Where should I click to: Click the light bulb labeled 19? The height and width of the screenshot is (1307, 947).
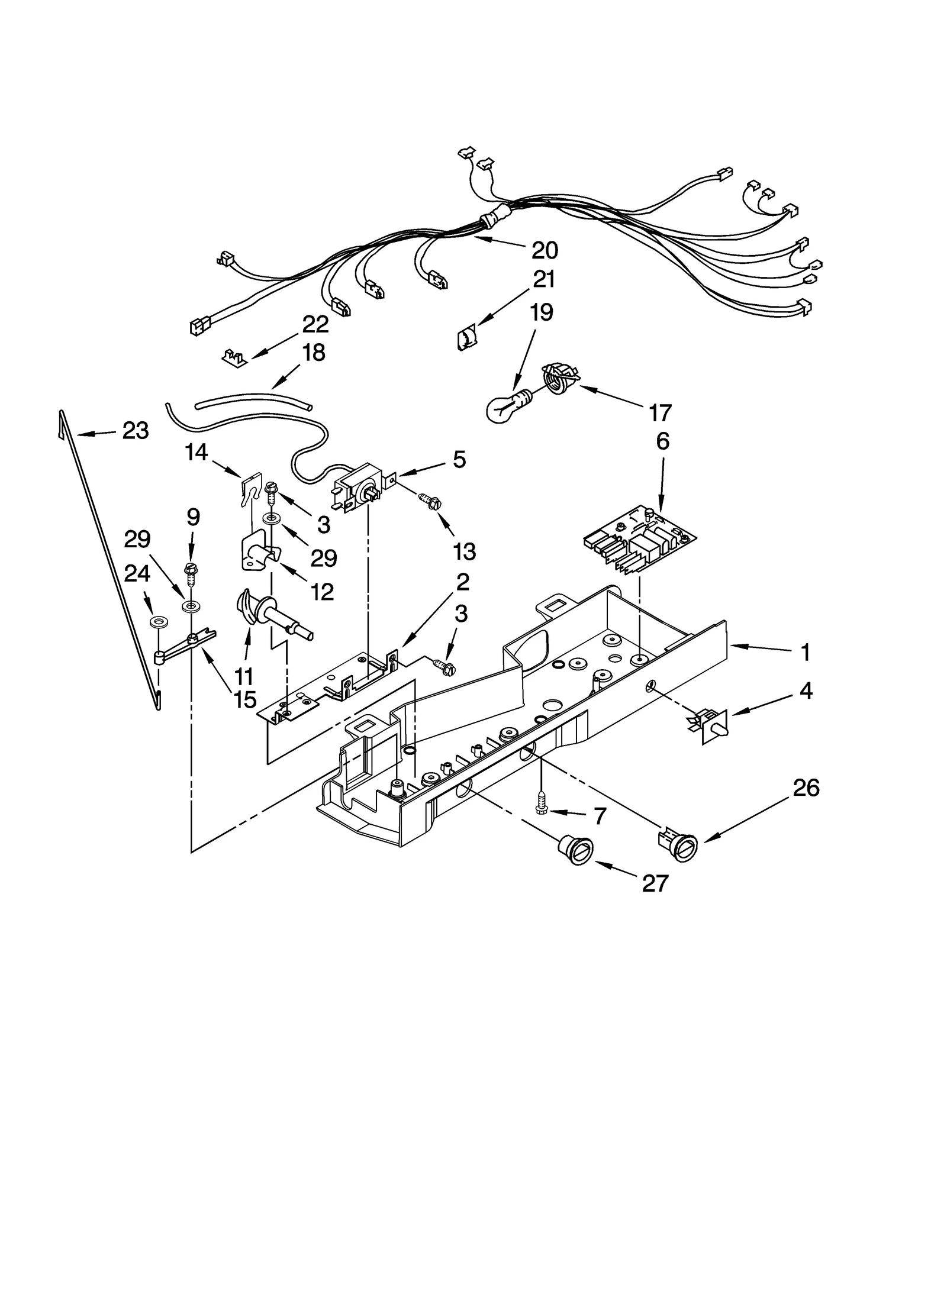pyautogui.click(x=504, y=406)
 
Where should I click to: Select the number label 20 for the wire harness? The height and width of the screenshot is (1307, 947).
pyautogui.click(x=545, y=251)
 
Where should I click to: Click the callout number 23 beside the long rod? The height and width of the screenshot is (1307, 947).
pyautogui.click(x=135, y=431)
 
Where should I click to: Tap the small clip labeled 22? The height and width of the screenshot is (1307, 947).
pyautogui.click(x=236, y=357)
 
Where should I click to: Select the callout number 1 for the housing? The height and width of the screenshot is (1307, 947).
pyautogui.click(x=805, y=653)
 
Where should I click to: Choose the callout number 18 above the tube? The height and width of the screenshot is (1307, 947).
pyautogui.click(x=314, y=354)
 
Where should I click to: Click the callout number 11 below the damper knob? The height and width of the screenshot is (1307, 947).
pyautogui.click(x=243, y=676)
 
